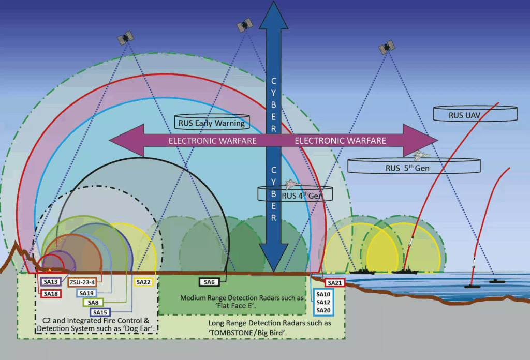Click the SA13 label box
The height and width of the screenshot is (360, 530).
coord(51,282)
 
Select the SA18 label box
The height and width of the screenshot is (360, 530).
coord(51,293)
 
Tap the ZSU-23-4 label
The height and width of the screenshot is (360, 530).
coord(81,282)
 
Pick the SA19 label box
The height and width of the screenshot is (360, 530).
coord(86,293)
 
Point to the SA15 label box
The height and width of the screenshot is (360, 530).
coord(100,312)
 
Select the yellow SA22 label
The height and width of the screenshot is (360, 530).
coord(143,282)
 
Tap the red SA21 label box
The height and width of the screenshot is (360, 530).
coord(335,282)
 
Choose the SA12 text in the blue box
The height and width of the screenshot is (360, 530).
coord(323,302)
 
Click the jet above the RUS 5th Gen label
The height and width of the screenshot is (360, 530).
coord(421,154)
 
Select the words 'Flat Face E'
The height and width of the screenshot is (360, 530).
coord(233,306)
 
